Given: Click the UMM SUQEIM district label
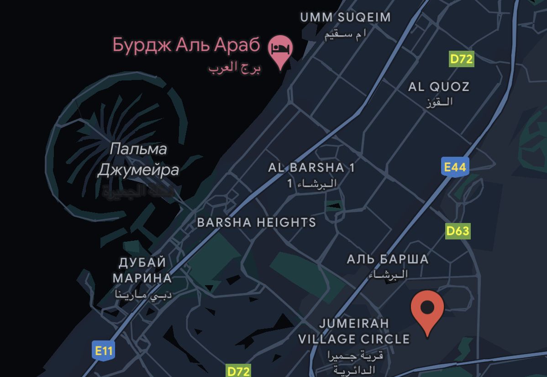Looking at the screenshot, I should pos(345,17).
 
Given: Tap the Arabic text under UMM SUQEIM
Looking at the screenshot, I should pos(345,36).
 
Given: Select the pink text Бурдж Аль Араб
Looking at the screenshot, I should pos(186,45).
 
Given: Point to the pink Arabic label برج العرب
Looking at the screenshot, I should pos(234,68).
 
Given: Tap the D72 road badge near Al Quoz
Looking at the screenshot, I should pos(461,59).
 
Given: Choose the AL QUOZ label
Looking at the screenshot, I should pos(438,86).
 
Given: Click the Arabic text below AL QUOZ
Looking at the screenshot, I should pos(439,102).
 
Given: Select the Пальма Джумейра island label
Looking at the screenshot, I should pos(138,159).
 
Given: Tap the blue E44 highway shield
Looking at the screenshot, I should pos(455,167).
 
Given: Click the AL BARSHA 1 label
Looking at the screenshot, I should pos(311,168).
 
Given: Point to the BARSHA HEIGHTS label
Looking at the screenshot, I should pos(256,223).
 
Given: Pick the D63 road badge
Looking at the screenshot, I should pos(458,231).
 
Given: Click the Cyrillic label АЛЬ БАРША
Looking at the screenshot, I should pos(388,260).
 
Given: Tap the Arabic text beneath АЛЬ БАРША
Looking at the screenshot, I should pos(388,275).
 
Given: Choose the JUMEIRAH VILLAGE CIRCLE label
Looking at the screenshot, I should pos(354,331).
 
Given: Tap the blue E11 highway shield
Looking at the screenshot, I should pos(103,351).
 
